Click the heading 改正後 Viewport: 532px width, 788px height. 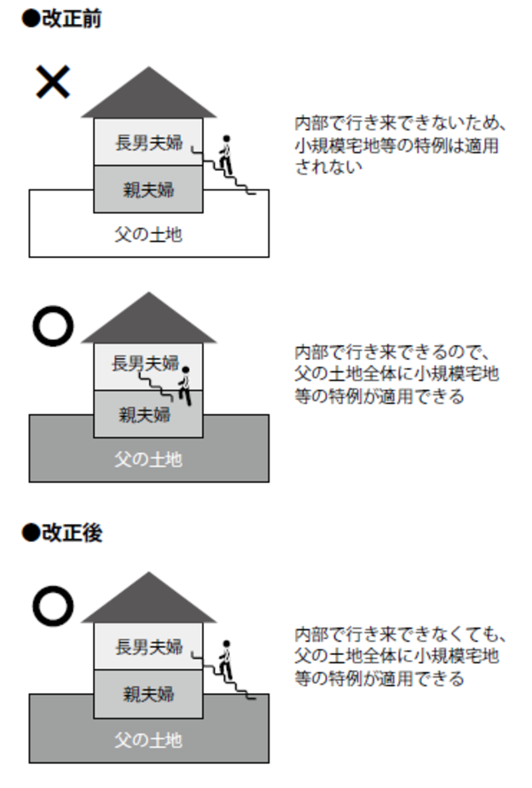click(x=65, y=534)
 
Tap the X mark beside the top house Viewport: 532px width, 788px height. click(x=52, y=82)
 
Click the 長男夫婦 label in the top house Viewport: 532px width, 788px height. click(x=148, y=143)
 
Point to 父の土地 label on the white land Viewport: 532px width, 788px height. click(x=148, y=235)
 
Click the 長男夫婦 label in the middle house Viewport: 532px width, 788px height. click(x=145, y=363)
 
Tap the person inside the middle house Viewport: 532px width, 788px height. click(x=185, y=384)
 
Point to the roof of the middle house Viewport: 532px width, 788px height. click(x=148, y=322)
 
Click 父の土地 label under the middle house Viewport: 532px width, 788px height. click(x=148, y=460)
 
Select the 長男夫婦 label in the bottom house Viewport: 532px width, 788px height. click(x=148, y=646)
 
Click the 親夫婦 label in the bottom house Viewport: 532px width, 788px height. click(x=148, y=693)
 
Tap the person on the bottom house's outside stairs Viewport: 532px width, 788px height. click(x=226, y=657)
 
